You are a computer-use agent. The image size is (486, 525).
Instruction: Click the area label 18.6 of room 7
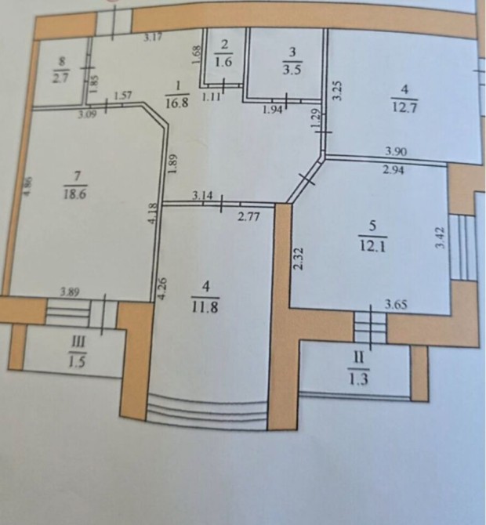tap(75, 194)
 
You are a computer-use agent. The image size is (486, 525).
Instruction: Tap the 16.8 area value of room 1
tap(177, 102)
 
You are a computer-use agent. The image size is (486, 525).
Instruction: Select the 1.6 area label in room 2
tap(223, 62)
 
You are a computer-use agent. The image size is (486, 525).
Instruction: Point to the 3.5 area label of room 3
tap(292, 71)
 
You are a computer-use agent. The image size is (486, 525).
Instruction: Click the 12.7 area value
tap(404, 108)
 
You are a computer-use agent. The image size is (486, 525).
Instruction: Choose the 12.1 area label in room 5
tap(372, 247)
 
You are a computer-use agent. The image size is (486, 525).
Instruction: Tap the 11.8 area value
tap(205, 307)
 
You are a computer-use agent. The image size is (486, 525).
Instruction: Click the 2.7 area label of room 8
tap(60, 78)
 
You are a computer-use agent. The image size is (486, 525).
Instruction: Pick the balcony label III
tap(78, 343)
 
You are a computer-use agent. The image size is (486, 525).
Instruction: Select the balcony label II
tap(358, 358)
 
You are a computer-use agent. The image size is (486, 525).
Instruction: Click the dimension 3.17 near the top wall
tap(153, 37)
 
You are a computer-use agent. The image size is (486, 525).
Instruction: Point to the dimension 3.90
tap(396, 151)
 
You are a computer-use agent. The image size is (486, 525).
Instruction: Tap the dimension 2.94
tap(394, 170)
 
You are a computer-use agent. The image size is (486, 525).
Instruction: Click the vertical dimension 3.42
tap(441, 237)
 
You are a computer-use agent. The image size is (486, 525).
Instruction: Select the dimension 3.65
tap(396, 305)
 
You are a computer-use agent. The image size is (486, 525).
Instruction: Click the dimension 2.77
tap(248, 217)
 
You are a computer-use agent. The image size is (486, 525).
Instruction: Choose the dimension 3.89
tap(70, 292)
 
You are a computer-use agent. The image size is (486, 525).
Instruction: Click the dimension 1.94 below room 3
tap(273, 110)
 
